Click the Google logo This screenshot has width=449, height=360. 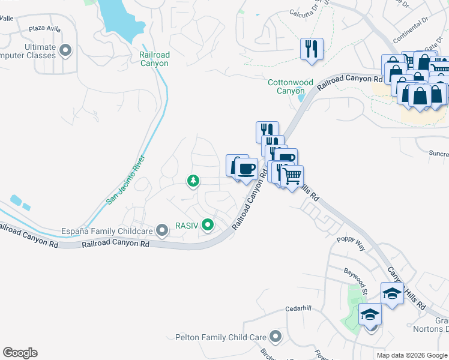(20, 353)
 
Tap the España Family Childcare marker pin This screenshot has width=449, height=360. (161, 230)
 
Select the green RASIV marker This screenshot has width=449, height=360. (208, 226)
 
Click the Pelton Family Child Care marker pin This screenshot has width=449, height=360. (276, 337)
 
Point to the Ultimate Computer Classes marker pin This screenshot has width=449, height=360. (67, 50)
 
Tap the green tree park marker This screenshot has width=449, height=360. (193, 180)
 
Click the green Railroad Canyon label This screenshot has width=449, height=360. (154, 59)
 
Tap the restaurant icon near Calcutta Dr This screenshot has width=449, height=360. (312, 49)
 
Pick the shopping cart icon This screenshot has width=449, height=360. (292, 176)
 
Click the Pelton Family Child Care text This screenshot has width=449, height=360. (221, 337)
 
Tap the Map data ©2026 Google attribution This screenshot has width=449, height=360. (412, 355)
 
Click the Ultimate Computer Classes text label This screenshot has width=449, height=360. (33, 51)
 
